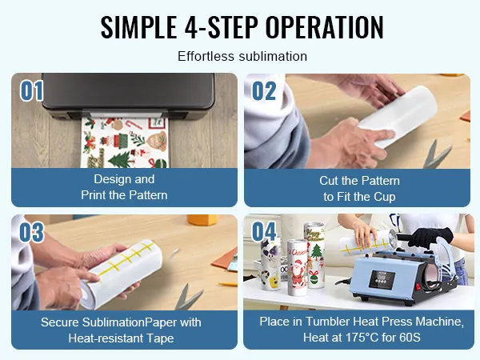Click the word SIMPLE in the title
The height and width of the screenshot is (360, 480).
point(138,27)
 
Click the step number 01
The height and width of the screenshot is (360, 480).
point(31,90)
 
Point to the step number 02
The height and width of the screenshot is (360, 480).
point(264,90)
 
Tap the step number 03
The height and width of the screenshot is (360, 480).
point(31,232)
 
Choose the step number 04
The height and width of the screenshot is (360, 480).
point(264,231)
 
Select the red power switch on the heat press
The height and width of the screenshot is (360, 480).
point(418,287)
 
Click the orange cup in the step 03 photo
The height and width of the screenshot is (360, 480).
point(202,220)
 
